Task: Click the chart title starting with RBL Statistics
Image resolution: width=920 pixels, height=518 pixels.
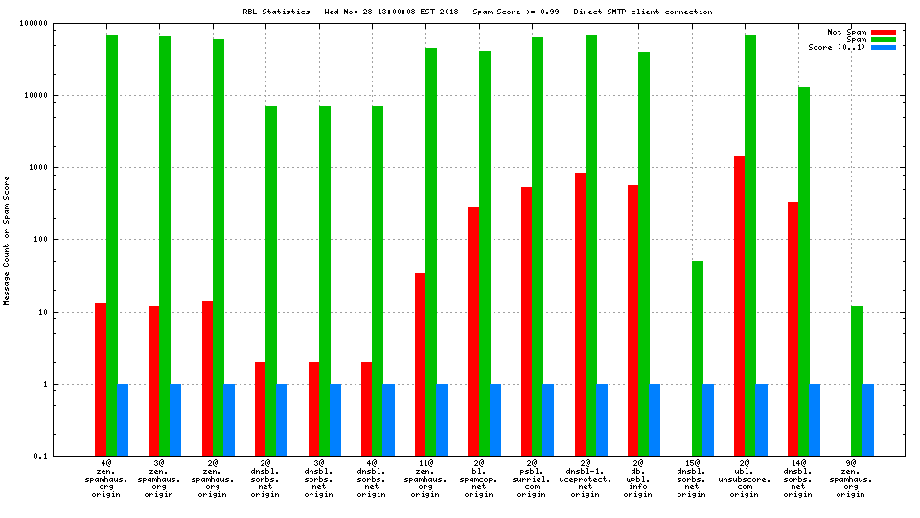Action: pyautogui.click(x=477, y=12)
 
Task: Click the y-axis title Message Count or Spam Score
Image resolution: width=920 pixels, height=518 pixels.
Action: pyautogui.click(x=7, y=240)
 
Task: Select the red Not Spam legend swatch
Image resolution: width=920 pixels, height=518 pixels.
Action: pyautogui.click(x=883, y=32)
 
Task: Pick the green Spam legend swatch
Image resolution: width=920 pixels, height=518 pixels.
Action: pyautogui.click(x=883, y=39)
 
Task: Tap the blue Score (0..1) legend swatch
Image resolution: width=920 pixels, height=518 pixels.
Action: pyautogui.click(x=883, y=47)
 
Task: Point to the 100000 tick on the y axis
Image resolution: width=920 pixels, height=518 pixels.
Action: pyautogui.click(x=61, y=23)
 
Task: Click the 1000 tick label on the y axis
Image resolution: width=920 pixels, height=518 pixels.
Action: pyautogui.click(x=65, y=167)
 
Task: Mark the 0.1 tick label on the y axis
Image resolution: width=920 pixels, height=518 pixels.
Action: pyautogui.click(x=69, y=456)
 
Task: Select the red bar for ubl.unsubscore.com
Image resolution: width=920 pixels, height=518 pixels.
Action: pyautogui.click(x=739, y=305)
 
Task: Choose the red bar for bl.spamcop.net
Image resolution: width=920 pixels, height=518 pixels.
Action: pyautogui.click(x=473, y=331)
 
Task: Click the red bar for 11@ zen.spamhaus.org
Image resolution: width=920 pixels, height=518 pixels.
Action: pyautogui.click(x=420, y=364)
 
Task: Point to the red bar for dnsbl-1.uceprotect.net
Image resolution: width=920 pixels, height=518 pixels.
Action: pyautogui.click(x=580, y=314)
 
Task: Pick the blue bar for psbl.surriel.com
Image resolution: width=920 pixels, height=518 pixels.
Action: pyautogui.click(x=548, y=419)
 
